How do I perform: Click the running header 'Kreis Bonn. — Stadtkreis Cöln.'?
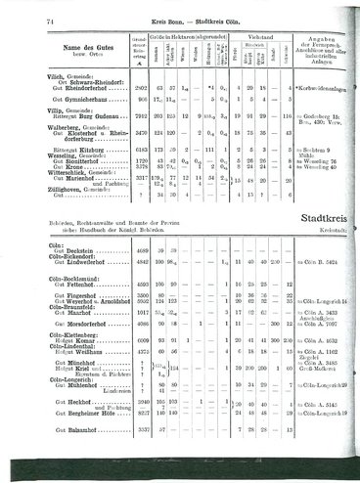point(179,21)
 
